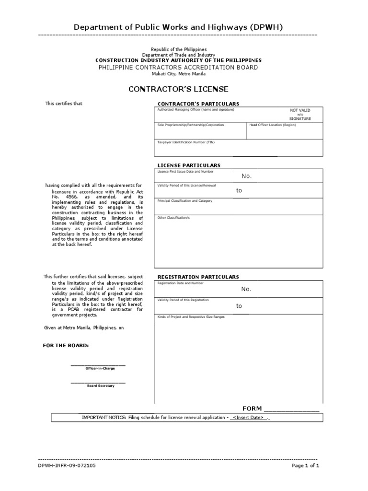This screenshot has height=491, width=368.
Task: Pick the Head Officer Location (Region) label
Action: tap(273, 125)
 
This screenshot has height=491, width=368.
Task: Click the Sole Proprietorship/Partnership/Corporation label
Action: tap(191, 125)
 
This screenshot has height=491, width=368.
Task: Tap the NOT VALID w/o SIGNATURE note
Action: tap(300, 114)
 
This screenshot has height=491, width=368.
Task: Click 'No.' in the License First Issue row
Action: tap(246, 176)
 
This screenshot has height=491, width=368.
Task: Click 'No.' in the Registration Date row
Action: tap(246, 289)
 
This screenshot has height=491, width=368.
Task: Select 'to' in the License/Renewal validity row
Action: tap(239, 190)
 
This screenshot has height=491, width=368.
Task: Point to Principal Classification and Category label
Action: tap(184, 201)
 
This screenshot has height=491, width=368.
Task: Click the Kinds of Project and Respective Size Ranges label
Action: tap(191, 317)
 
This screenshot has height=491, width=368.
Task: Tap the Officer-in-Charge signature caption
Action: tap(98, 368)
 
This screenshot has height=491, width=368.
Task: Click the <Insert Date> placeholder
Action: tap(248, 418)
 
